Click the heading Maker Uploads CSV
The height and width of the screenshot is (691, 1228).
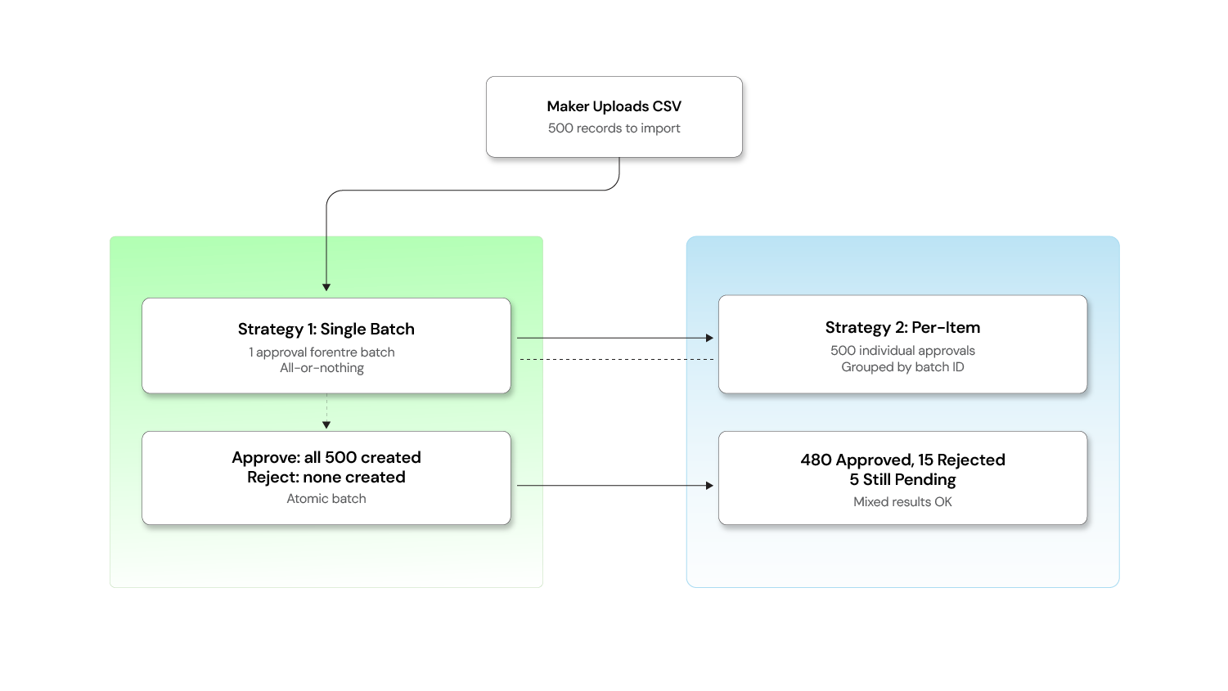(x=614, y=106)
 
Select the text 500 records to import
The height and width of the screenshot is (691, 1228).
(x=614, y=128)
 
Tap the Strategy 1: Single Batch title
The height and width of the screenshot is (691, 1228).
(x=326, y=329)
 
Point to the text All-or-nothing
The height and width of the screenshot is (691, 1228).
(x=322, y=368)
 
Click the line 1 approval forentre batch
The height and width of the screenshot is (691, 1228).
(x=322, y=352)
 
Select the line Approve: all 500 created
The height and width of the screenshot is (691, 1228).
(x=326, y=457)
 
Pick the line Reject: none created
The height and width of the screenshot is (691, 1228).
(x=326, y=477)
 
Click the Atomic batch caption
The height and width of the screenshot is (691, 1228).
(x=326, y=499)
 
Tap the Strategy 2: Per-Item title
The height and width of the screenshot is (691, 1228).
(x=902, y=327)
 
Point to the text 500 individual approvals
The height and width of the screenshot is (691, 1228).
(x=902, y=351)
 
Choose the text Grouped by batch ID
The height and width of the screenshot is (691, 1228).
(x=902, y=367)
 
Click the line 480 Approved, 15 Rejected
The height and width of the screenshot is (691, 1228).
(x=902, y=460)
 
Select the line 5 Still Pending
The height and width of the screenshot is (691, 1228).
(x=902, y=479)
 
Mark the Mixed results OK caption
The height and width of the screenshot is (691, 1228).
(x=902, y=502)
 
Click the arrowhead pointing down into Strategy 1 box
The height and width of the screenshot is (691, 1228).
(x=326, y=287)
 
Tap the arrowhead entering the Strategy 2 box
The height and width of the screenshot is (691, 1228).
(x=709, y=338)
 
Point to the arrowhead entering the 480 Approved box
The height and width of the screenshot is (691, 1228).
(x=709, y=486)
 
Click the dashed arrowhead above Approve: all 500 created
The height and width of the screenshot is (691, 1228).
(x=326, y=425)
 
